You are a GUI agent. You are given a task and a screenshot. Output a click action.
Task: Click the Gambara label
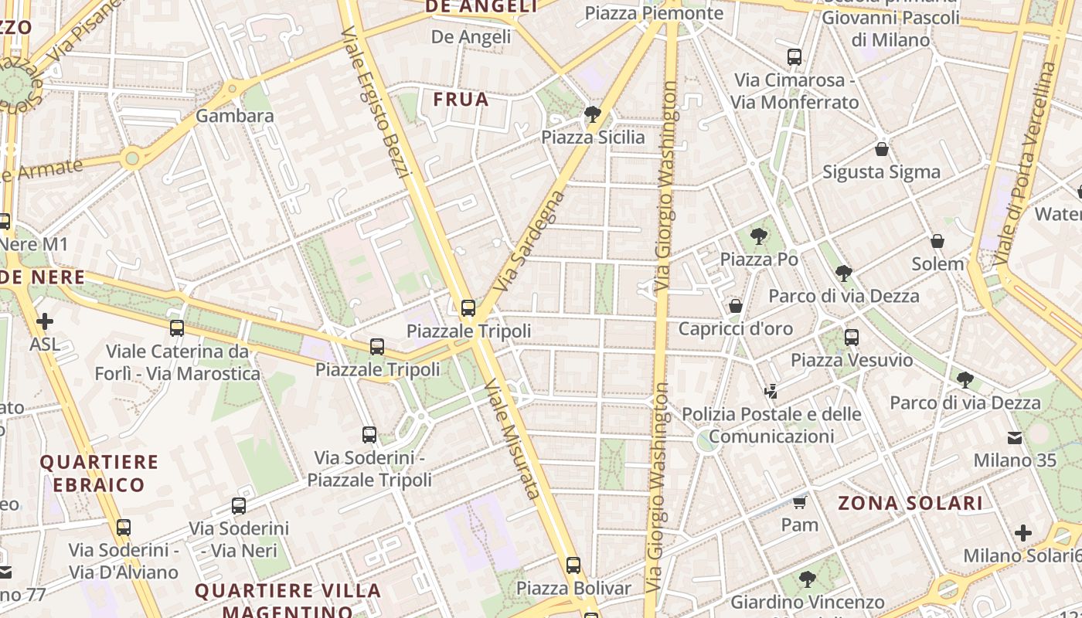[235, 116]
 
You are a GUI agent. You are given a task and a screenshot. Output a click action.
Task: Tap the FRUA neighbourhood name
[461, 99]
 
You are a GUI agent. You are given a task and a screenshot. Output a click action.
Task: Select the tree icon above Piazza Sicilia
[593, 115]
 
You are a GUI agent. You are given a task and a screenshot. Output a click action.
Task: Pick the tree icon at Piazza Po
[759, 237]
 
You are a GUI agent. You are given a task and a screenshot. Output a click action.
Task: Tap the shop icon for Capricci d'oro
[736, 306]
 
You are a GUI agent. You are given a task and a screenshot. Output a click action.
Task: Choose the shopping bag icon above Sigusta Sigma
[881, 149]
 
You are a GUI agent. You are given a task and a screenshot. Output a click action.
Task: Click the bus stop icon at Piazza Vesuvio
[851, 338]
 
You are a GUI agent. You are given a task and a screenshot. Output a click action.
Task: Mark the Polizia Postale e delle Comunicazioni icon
[771, 392]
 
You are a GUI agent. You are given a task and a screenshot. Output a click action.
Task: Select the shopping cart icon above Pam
[799, 503]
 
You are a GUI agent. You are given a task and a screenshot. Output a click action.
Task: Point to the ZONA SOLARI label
[910, 504]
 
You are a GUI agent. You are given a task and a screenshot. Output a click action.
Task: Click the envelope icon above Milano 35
[1014, 438]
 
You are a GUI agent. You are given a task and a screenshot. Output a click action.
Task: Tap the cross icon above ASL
[45, 321]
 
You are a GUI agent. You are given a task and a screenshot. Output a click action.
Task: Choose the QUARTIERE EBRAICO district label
[99, 474]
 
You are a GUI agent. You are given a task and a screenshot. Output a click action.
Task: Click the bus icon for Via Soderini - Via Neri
[239, 506]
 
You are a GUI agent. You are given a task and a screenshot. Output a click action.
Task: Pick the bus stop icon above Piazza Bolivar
[573, 565]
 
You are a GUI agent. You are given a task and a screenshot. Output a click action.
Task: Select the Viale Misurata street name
[511, 437]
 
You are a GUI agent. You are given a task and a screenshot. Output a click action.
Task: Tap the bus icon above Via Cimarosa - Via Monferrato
[794, 56]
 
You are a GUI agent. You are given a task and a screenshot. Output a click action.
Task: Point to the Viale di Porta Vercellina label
[1026, 163]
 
